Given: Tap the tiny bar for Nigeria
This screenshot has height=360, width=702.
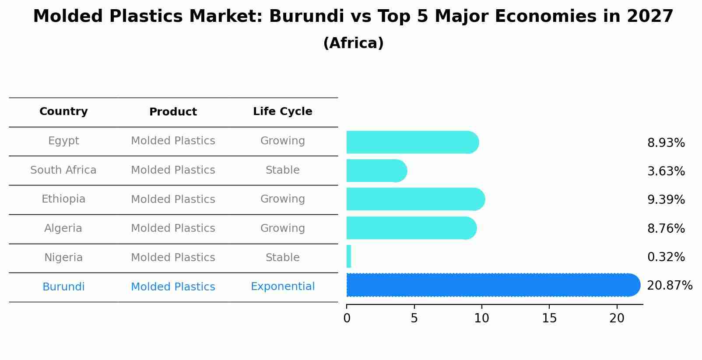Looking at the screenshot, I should (x=349, y=256).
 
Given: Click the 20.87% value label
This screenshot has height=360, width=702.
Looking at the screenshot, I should (x=670, y=286).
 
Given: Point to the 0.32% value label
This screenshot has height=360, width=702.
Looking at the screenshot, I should (x=666, y=257).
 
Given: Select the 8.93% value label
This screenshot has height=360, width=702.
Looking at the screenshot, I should (x=666, y=143).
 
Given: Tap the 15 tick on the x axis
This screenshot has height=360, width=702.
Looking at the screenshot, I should (x=549, y=318).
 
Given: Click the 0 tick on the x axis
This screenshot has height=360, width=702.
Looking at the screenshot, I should (x=347, y=318).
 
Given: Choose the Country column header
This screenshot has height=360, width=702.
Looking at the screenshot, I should (x=63, y=112).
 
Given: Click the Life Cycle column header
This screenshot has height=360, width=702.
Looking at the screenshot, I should (x=283, y=112).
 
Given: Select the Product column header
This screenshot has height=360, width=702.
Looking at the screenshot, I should (x=173, y=112).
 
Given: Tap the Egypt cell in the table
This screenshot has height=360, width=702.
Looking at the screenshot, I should (x=63, y=141).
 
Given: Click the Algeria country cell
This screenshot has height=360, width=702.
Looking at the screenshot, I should (x=63, y=228).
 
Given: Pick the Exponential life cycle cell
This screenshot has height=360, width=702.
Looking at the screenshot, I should (x=283, y=287).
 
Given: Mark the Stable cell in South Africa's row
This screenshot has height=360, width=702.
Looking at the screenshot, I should (x=283, y=170).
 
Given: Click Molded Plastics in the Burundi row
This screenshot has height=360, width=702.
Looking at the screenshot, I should (x=173, y=287).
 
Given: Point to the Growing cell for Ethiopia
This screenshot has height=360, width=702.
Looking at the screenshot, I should (x=283, y=199).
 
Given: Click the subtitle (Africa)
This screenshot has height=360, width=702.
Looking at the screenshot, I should (x=353, y=43).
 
